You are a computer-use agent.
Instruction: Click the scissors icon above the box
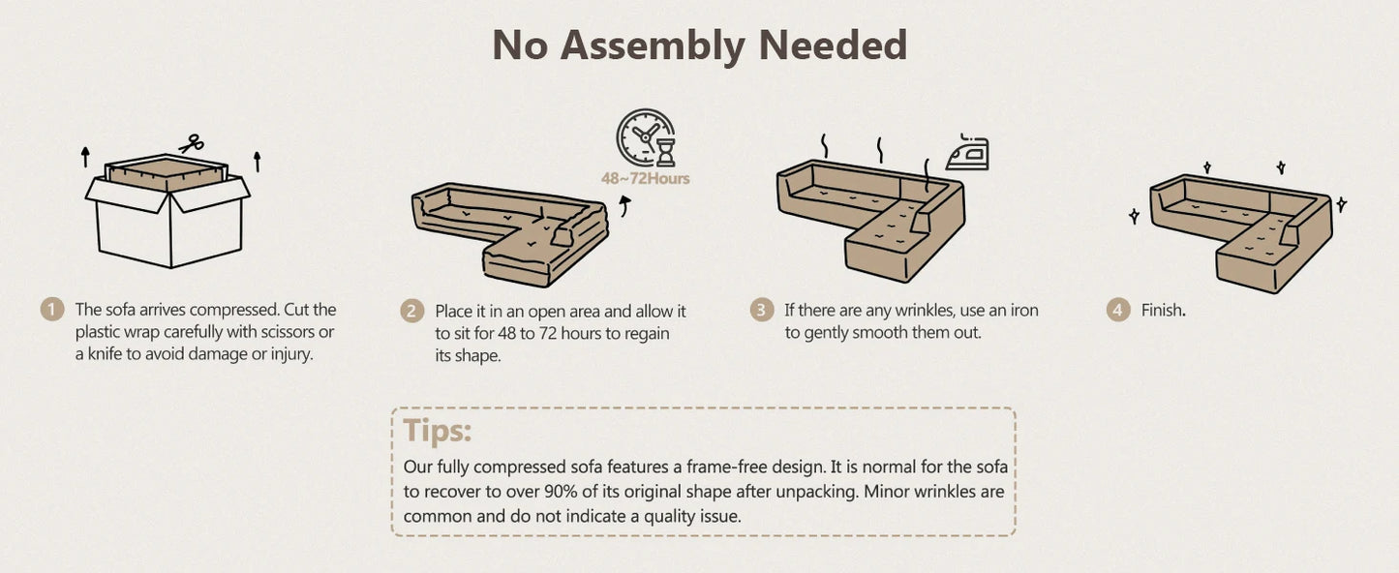tap(191, 143)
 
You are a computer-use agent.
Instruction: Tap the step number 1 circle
tap(52, 309)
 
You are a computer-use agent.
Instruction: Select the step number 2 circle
tap(411, 311)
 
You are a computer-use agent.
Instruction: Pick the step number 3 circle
tap(761, 310)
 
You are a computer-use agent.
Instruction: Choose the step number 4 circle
tap(1118, 310)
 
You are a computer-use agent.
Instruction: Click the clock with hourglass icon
tap(647, 138)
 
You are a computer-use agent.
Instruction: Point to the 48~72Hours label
tap(645, 178)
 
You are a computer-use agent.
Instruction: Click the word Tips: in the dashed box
tap(438, 430)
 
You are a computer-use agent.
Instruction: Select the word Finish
tap(1163, 311)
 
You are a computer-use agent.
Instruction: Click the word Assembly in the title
tap(653, 46)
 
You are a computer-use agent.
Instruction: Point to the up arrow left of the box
tap(85, 157)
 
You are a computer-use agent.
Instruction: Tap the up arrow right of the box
tap(257, 162)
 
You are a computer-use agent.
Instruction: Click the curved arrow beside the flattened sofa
tap(624, 205)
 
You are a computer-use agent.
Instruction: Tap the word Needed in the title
tap(833, 45)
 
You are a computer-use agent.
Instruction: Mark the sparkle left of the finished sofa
tap(1134, 216)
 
